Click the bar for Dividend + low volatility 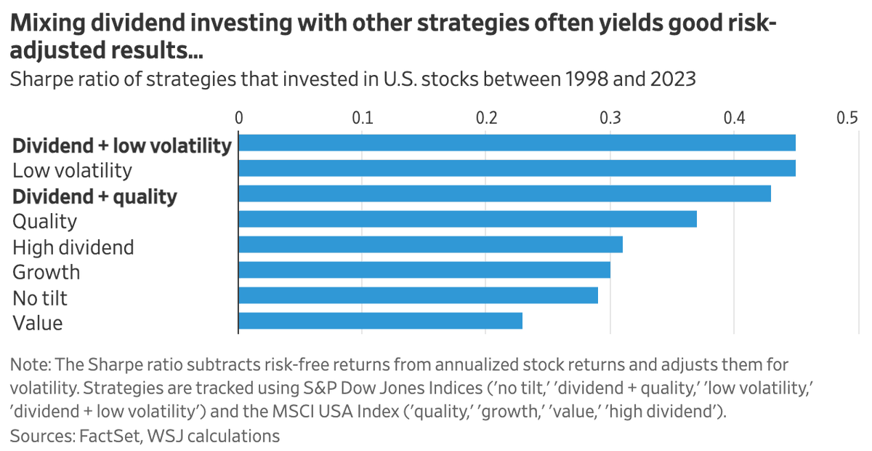coord(517,143)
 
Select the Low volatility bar coord(517,168)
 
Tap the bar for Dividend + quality coord(504,193)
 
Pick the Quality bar coord(467,219)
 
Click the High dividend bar coord(430,244)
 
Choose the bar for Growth coord(424,270)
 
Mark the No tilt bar coord(418,295)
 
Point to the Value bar coord(380,321)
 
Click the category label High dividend coord(73,247)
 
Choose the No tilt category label coord(40,298)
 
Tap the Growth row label coord(47,272)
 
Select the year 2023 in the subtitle coord(673,79)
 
